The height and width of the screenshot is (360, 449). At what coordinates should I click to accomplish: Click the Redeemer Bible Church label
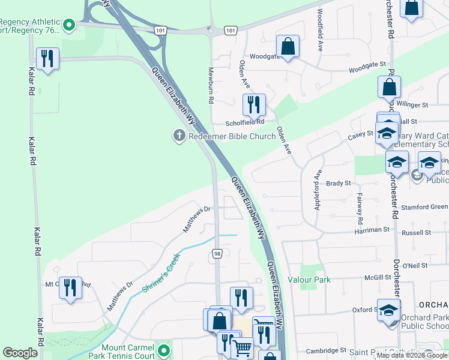pos(232,136)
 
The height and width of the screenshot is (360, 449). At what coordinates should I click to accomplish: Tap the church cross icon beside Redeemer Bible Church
pos(178,136)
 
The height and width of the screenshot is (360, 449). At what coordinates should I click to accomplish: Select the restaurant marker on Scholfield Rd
pos(254,105)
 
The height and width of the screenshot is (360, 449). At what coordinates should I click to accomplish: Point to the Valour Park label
pos(309,280)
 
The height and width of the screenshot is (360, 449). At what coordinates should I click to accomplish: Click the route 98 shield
pos(217,254)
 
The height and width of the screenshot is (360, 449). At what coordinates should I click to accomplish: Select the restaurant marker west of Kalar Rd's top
pos(47,59)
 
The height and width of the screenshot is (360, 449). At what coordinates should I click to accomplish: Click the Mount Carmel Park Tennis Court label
pos(127,352)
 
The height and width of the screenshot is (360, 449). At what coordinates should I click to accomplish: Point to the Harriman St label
pos(372,230)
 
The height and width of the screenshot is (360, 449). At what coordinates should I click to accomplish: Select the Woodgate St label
pos(367,64)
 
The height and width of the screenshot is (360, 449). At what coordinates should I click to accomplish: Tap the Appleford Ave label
pos(318,191)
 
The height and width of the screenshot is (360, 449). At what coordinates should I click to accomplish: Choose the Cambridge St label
pos(327,350)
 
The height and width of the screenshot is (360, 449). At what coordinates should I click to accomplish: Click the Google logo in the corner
pos(20,353)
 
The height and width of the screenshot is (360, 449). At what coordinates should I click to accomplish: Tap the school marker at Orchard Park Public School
pos(388,310)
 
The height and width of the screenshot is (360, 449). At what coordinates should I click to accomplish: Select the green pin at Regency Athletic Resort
pos(69,25)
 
